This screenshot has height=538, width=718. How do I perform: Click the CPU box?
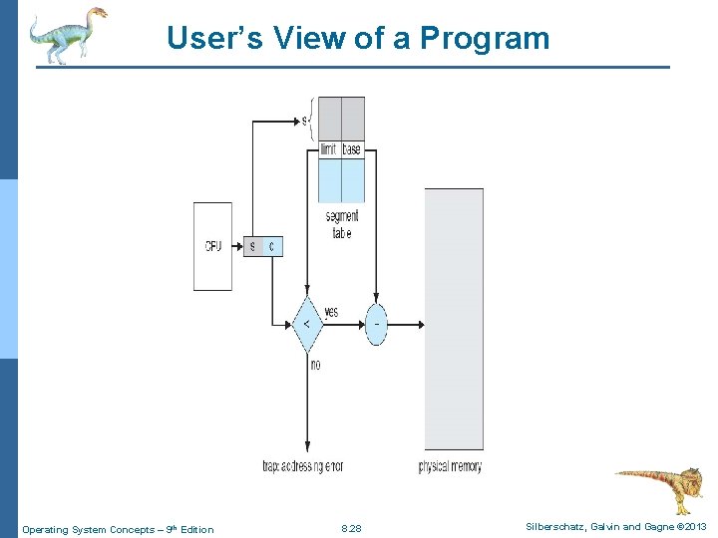pyautogui.click(x=212, y=246)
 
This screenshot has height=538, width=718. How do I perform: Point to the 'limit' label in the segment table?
pyautogui.click(x=328, y=149)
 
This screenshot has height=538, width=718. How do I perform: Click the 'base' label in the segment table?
pyautogui.click(x=352, y=149)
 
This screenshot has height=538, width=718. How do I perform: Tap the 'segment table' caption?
pyautogui.click(x=341, y=224)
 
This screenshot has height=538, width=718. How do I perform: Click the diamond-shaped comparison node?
pyautogui.click(x=306, y=324)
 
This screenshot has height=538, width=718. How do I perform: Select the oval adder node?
pyautogui.click(x=376, y=324)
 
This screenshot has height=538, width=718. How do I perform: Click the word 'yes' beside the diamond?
pyautogui.click(x=330, y=312)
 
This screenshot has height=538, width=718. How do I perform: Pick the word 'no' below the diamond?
pyautogui.click(x=315, y=365)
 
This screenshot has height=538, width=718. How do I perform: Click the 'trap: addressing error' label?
pyautogui.click(x=302, y=466)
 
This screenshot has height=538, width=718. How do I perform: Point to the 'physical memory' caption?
pyautogui.click(x=450, y=466)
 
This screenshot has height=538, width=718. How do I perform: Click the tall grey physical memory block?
pyautogui.click(x=454, y=319)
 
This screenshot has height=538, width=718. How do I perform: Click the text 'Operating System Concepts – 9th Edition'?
pyautogui.click(x=118, y=529)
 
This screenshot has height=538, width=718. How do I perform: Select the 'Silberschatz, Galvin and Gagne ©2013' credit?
pyautogui.click(x=615, y=526)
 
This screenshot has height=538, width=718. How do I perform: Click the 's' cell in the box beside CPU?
pyautogui.click(x=253, y=246)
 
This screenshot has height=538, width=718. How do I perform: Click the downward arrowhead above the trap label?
pyautogui.click(x=307, y=450)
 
